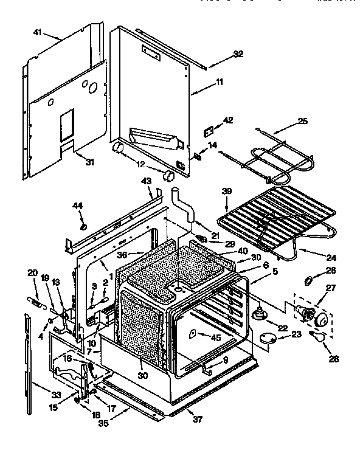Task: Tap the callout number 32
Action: pyautogui.click(x=238, y=54)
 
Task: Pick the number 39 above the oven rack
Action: pyautogui.click(x=226, y=191)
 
